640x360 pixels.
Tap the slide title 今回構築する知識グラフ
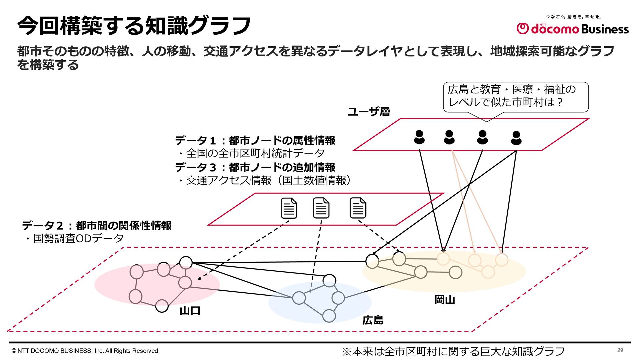tap(134, 26)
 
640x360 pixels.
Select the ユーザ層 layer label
tap(369, 111)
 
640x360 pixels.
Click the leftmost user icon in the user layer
tap(419, 137)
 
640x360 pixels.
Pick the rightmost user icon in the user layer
tap(516, 138)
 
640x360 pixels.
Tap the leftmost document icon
tap(289, 208)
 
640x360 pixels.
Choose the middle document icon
tap(321, 208)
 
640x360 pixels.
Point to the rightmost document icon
tap(358, 208)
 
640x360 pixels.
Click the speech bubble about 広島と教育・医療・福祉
tap(516, 96)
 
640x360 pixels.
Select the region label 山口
tap(190, 311)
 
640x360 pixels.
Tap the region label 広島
tap(373, 320)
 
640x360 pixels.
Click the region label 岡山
tap(445, 300)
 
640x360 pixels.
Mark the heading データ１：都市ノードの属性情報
tap(255, 140)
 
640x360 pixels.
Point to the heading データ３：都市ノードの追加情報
tap(255, 167)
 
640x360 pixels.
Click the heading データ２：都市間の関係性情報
tap(97, 225)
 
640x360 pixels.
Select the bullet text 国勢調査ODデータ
tap(74, 238)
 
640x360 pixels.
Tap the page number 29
tap(620, 350)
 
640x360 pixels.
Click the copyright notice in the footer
tap(86, 351)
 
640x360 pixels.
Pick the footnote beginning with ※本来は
tap(453, 351)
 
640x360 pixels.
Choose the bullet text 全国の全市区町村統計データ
tap(251, 153)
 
